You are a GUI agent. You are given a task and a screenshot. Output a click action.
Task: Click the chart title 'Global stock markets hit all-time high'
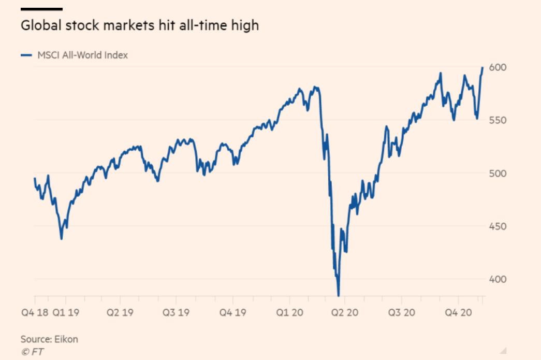pos(139,25)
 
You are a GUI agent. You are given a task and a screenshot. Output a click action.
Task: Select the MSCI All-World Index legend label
pos(82,55)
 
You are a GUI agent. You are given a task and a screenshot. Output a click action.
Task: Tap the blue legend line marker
pos(26,55)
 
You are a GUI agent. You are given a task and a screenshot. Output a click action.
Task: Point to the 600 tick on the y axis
pos(498,67)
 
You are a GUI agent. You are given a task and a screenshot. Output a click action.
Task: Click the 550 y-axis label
pos(498,120)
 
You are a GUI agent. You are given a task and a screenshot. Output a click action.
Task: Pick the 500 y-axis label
pos(498,173)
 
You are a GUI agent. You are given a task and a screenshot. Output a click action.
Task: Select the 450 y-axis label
pos(498,226)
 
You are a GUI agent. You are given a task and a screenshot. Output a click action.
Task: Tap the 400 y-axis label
pos(498,279)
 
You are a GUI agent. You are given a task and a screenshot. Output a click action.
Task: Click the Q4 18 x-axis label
pos(34,313)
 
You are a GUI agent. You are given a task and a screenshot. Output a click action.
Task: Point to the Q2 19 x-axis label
pos(120,313)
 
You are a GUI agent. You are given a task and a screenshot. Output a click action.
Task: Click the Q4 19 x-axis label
pos(233,313)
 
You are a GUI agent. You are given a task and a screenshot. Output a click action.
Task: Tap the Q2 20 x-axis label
pos(345,313)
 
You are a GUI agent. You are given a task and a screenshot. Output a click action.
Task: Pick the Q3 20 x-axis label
pos(401,313)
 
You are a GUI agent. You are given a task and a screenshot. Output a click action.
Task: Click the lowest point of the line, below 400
pos(339,295)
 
